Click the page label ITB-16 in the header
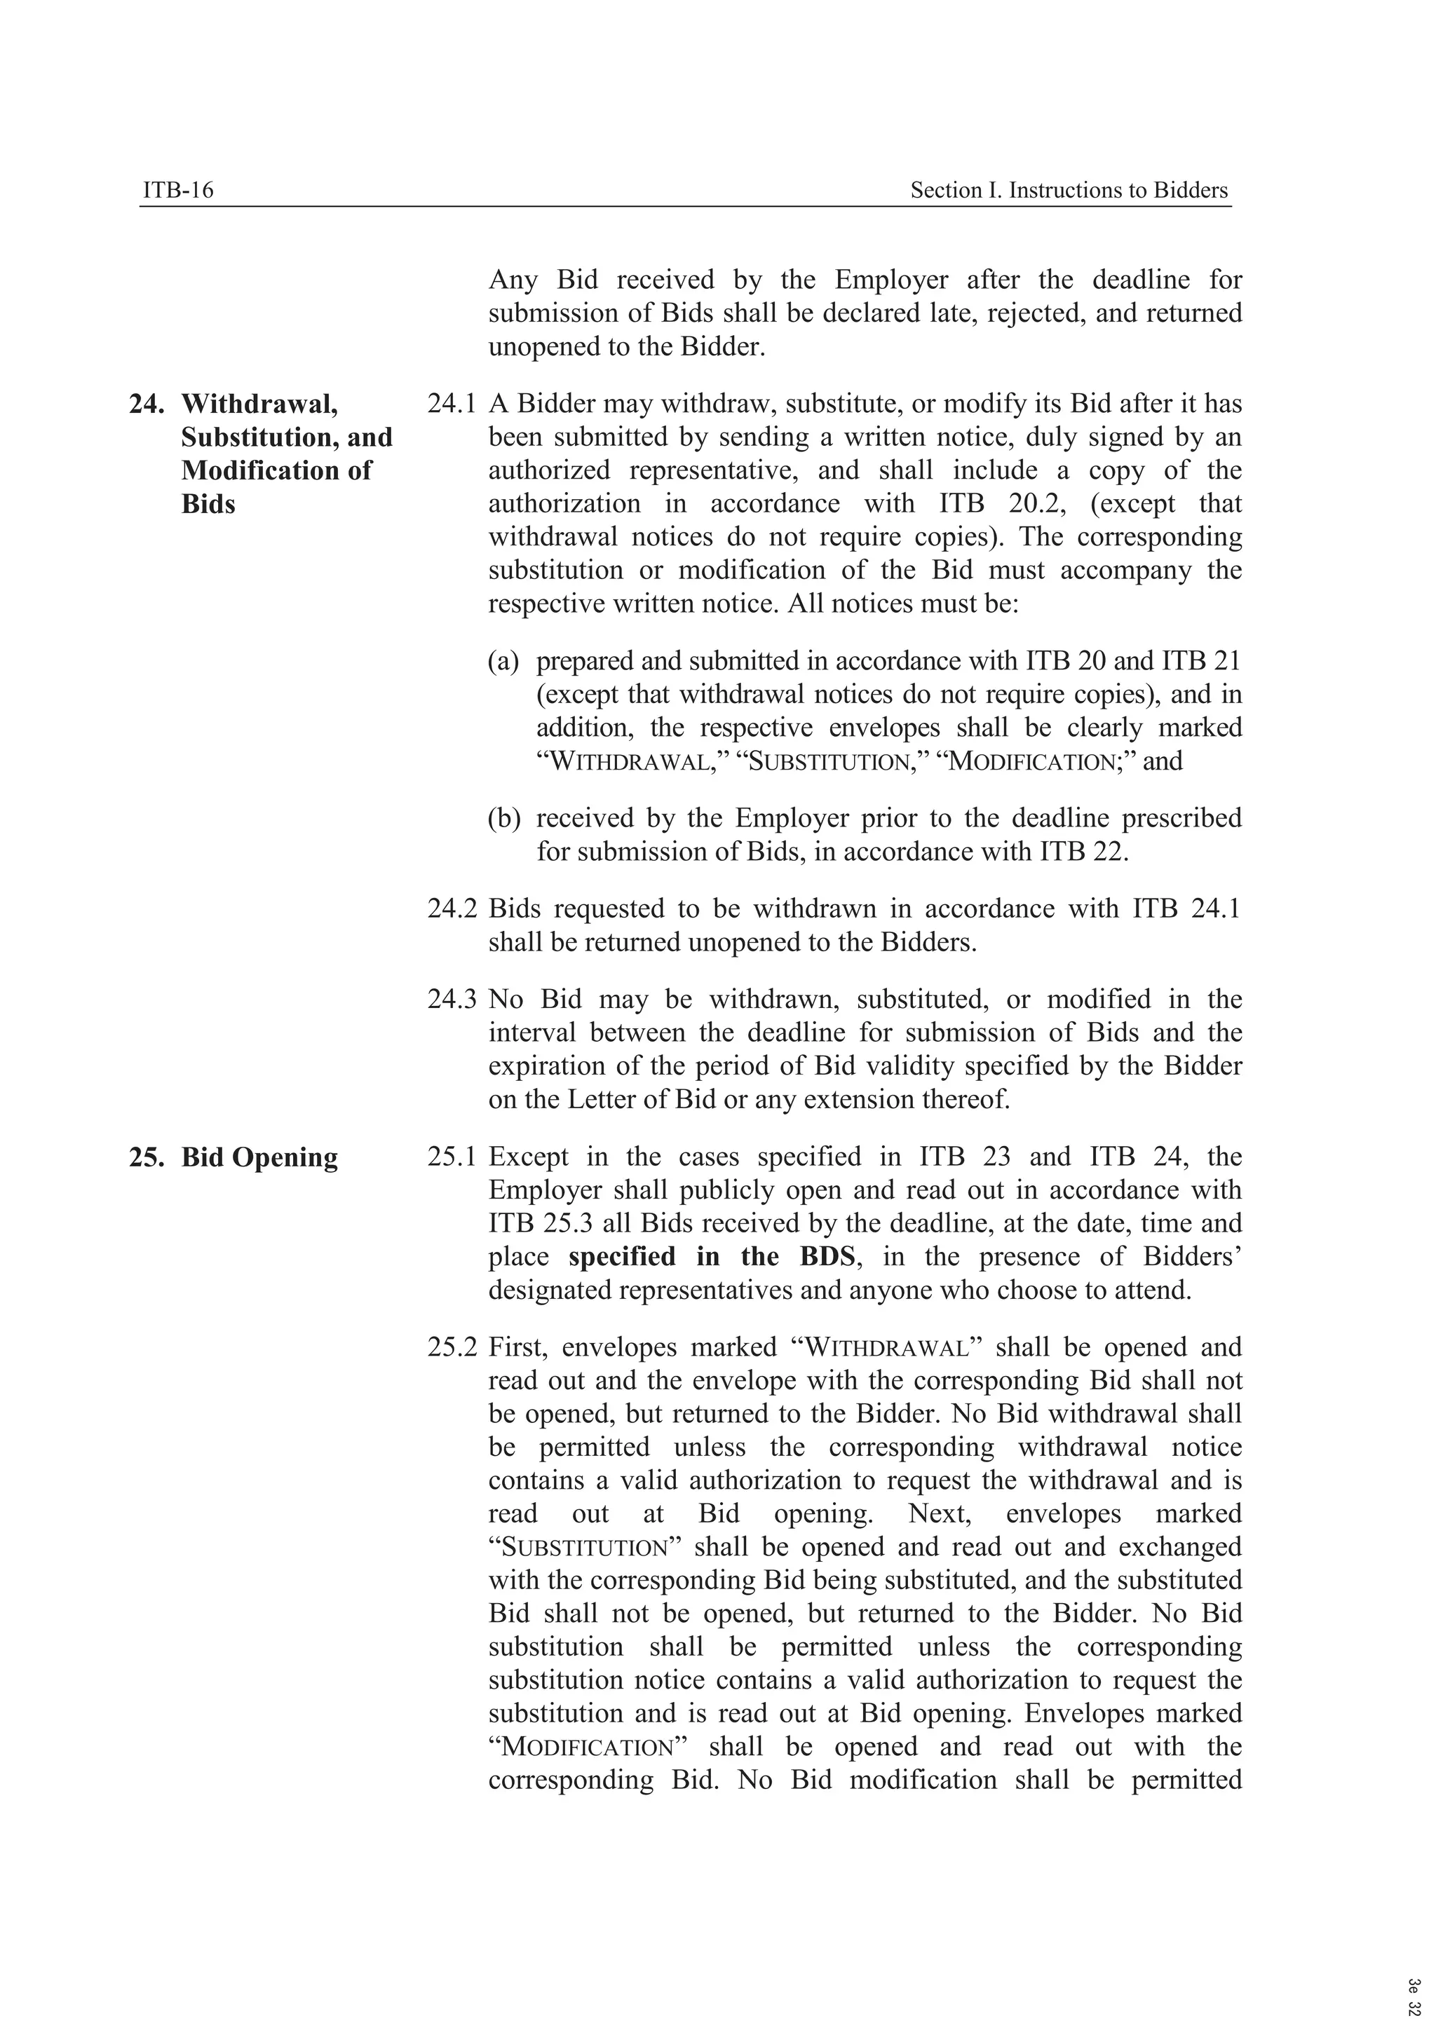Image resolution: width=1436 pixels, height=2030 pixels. (177, 190)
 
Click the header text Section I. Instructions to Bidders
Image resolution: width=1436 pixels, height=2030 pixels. (1069, 190)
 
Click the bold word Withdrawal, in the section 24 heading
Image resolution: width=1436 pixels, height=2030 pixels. (259, 404)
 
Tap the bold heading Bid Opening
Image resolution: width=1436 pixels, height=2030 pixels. (259, 1157)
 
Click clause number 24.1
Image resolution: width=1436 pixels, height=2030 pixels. (451, 404)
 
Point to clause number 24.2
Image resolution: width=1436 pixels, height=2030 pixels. (451, 909)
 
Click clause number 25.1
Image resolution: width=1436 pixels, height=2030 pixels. (451, 1157)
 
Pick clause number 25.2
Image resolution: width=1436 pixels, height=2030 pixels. (451, 1347)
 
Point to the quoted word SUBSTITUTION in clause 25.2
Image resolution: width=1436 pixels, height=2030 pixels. (583, 1548)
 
